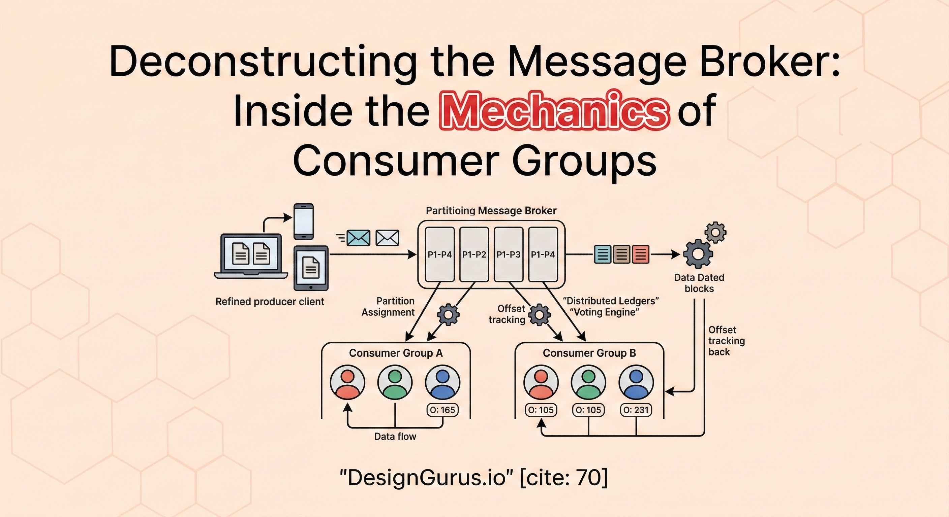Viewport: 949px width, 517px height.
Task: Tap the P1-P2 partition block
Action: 474,254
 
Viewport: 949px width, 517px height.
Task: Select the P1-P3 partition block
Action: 509,254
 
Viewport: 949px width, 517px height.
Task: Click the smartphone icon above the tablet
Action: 304,221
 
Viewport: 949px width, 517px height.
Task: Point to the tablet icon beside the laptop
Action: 311,268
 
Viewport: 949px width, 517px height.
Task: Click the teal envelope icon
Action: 359,238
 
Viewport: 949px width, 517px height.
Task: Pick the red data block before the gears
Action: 641,254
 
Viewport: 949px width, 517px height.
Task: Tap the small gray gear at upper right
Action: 715,232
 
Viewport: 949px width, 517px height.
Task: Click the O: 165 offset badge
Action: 442,410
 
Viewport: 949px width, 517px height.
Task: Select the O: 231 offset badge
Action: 636,410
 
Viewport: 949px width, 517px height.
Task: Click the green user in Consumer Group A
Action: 395,383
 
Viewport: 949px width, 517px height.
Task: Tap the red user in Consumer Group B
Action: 541,383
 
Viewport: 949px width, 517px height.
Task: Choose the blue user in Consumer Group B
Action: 636,383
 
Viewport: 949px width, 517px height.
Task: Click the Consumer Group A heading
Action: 396,353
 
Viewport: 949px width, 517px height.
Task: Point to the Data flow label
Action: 395,437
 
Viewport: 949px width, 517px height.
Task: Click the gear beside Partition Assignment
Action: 448,315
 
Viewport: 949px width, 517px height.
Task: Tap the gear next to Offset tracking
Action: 539,315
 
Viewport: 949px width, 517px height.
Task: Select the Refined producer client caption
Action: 270,302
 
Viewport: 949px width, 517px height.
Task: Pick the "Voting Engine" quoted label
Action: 604,312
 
